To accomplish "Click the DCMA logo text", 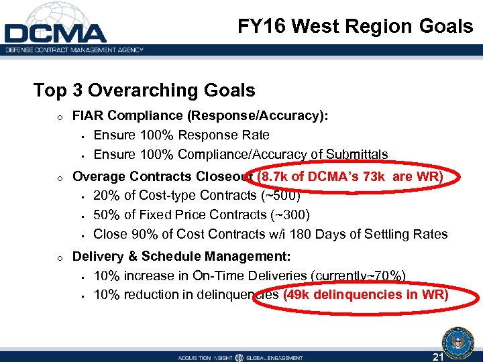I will coord(55,33).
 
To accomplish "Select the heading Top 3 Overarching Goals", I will coord(144,90).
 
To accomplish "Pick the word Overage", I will coord(98,177).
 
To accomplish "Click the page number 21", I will coord(439,356).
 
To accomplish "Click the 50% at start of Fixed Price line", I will coord(105,215).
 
